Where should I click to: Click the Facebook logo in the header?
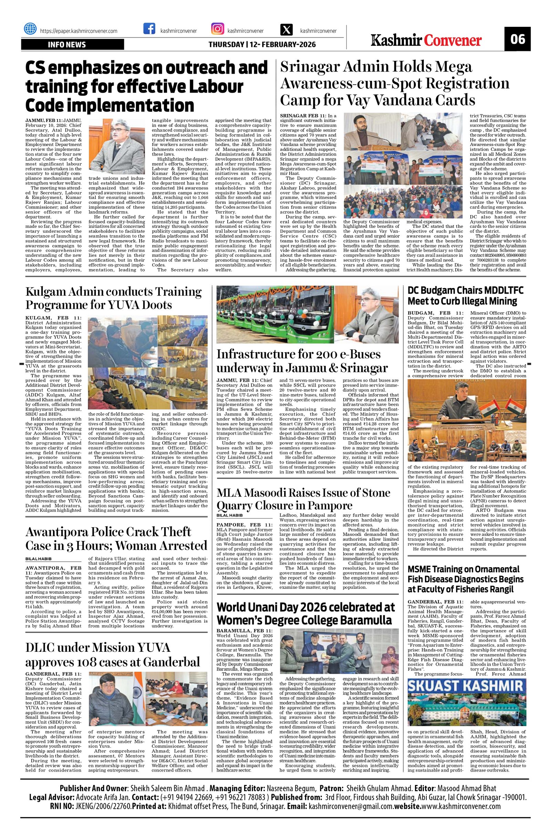[149, 29]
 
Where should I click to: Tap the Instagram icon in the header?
[217, 29]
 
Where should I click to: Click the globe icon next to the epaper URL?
[30, 29]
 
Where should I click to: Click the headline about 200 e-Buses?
[302, 361]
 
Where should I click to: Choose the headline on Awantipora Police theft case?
[116, 538]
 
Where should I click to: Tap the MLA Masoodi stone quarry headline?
[303, 499]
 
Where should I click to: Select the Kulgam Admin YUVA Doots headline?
[114, 298]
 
